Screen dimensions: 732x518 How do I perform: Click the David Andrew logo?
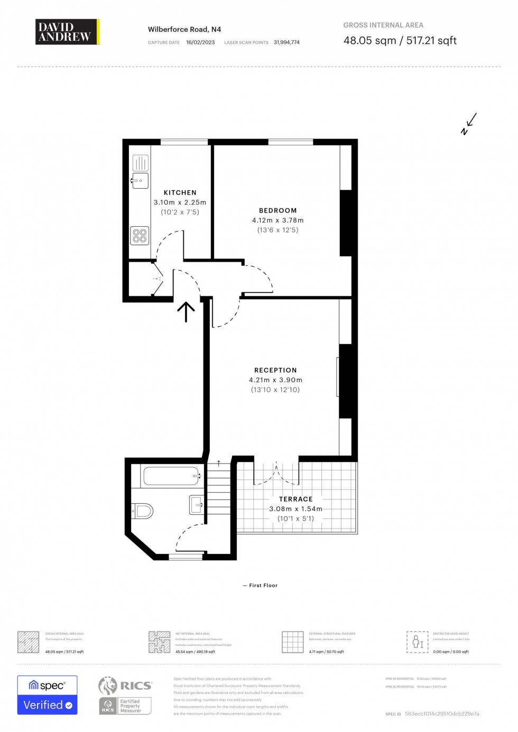67,32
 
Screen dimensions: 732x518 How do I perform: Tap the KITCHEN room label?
180,193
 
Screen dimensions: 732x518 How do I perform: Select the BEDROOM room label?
277,210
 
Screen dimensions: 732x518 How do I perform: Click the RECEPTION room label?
275,370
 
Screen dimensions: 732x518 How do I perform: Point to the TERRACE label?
295,499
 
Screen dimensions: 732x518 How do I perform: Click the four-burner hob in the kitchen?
140,236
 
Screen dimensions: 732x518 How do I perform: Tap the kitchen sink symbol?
140,181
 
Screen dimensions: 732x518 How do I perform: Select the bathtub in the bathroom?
171,476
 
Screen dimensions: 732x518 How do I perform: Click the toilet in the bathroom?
143,511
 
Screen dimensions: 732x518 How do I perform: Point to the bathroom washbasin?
196,505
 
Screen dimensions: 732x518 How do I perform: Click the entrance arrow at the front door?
186,312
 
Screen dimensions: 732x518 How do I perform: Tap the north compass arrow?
468,124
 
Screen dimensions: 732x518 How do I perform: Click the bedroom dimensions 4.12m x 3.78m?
277,220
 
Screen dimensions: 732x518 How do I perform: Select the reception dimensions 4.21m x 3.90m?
275,380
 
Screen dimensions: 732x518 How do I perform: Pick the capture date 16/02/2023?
200,42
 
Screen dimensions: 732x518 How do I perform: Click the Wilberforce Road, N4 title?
184,30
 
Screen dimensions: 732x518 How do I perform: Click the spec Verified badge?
47,695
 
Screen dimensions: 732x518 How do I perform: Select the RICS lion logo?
108,685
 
